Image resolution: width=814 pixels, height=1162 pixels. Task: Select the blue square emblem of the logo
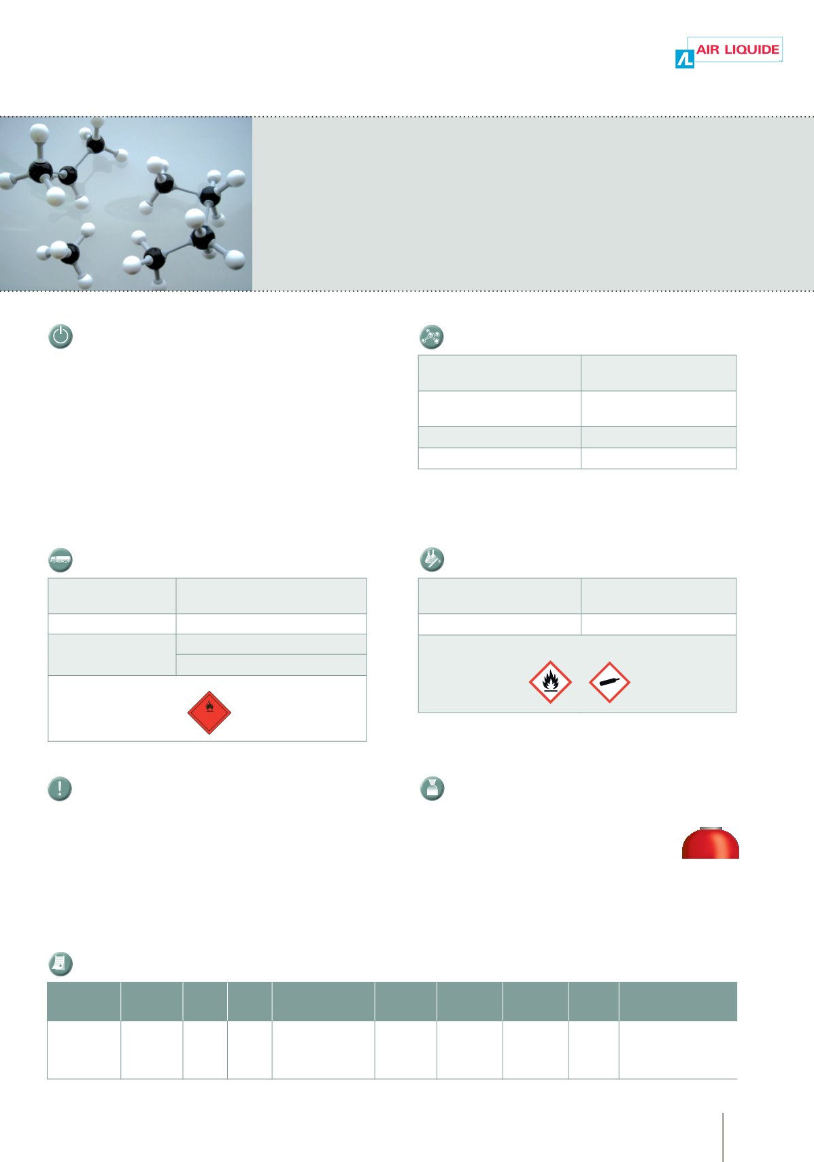tap(684, 58)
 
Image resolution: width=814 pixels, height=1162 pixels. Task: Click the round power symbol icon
tap(61, 336)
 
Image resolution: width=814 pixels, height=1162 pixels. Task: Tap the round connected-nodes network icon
tap(431, 337)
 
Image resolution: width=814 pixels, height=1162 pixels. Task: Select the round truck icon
tap(61, 560)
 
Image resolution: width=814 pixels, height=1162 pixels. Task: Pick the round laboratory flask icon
tap(432, 559)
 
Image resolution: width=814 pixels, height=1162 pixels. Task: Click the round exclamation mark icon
tap(60, 789)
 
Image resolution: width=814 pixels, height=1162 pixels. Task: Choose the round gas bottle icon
tap(433, 789)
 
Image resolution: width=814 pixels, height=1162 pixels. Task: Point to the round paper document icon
tap(61, 964)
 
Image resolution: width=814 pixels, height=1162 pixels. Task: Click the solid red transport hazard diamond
tap(209, 713)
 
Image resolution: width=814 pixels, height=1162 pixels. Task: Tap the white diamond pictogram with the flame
tap(550, 682)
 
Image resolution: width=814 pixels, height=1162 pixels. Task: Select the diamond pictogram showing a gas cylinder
tap(609, 682)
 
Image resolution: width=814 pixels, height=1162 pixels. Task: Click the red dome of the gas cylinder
tap(710, 844)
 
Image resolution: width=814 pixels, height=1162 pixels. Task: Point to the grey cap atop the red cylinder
tap(711, 828)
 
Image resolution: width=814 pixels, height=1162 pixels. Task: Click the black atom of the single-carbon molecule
tap(70, 254)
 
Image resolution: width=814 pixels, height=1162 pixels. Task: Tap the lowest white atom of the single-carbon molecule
tap(85, 281)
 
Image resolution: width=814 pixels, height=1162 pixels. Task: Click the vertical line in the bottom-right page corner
tap(723, 1137)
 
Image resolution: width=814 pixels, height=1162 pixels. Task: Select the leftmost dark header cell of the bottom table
tap(84, 1001)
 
